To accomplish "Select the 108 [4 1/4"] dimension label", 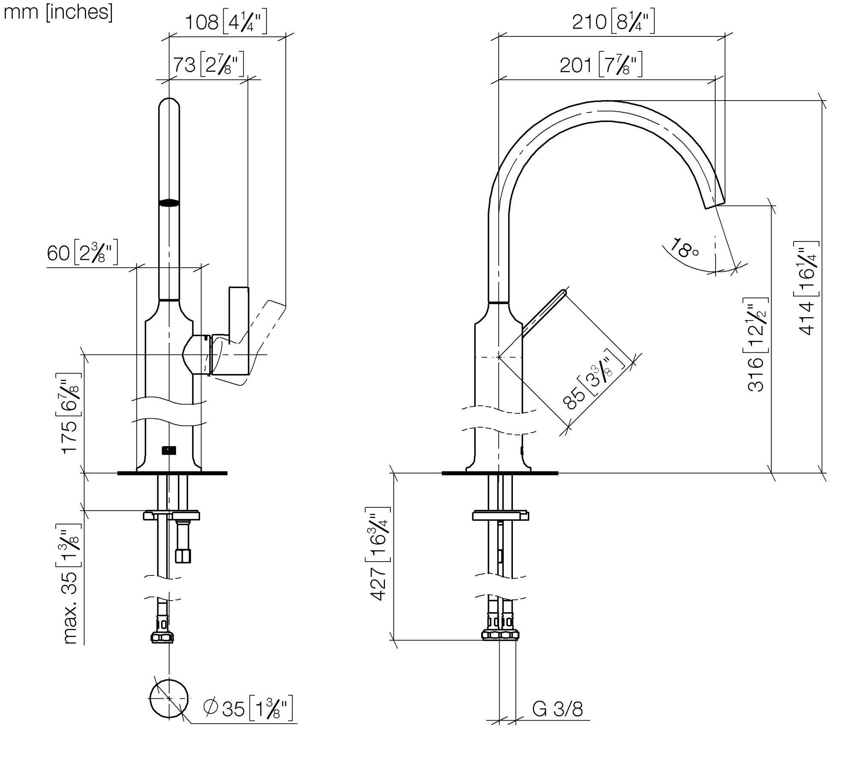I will coord(225,23).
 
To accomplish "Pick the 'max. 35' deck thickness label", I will coord(70,584).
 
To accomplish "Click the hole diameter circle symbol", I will coord(169,698).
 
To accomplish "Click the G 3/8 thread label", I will coord(557,709).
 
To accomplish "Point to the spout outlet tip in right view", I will coord(715,204).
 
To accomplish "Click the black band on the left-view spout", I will coord(169,203).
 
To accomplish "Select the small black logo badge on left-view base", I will coord(169,450).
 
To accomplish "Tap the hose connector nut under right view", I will coord(500,635).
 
